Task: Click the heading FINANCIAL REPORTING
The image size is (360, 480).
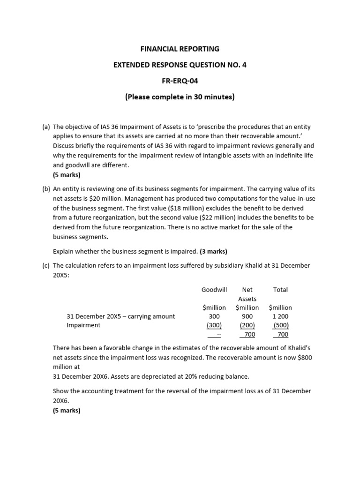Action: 180,48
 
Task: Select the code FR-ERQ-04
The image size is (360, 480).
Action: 180,81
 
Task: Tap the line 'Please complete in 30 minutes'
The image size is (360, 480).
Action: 180,97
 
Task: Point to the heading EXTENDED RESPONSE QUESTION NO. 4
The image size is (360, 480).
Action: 180,65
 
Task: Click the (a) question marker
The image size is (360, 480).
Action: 46,127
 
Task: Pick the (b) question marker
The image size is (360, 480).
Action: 46,189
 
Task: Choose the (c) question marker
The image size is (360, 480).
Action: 46,265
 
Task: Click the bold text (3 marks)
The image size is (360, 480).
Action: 213,251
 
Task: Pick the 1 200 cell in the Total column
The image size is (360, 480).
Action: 280,316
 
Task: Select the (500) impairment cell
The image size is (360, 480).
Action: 281,325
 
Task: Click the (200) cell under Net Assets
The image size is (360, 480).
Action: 247,325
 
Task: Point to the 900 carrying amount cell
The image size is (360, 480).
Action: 247,316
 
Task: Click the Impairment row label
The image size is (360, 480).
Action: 83,325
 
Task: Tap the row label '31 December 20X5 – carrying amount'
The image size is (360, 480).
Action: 120,316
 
